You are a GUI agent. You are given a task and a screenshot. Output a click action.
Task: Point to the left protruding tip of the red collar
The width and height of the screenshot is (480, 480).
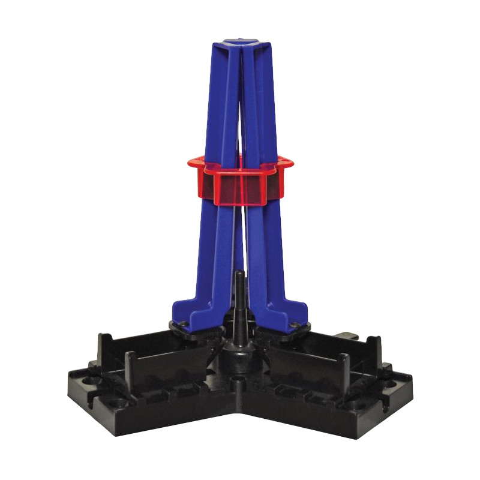click(x=192, y=162)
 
